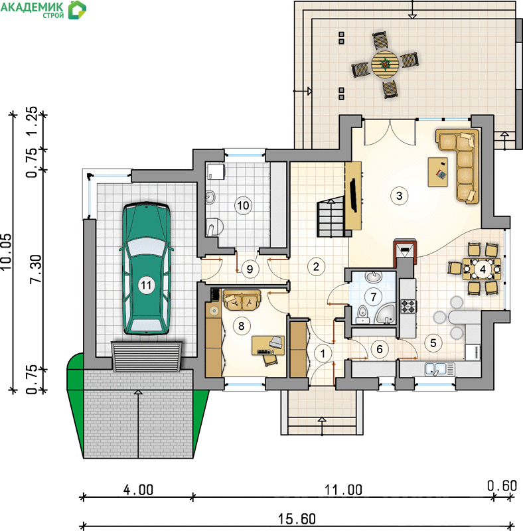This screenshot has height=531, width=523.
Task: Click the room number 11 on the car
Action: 146,285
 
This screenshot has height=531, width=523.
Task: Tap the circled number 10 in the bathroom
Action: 243,205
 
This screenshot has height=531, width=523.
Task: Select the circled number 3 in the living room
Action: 399,195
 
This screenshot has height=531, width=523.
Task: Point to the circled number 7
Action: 373,297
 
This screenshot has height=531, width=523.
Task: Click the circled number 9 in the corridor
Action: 250,269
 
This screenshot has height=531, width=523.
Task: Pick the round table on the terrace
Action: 385,63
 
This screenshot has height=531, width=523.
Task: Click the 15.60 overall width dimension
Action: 297,519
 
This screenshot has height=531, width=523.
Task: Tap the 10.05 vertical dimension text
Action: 7,252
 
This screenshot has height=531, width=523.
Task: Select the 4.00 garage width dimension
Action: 138,490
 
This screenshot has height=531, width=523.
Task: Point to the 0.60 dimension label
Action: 502,486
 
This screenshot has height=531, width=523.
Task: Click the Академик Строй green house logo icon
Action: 77,10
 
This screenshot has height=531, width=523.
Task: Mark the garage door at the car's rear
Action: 146,357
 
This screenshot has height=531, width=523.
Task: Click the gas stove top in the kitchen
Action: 408,306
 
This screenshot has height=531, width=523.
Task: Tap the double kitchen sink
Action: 440,369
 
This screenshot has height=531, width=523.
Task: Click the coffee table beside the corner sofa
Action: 437,172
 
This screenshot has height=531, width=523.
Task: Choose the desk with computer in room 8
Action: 268,345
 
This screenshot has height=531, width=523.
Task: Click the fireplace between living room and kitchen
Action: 405,252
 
